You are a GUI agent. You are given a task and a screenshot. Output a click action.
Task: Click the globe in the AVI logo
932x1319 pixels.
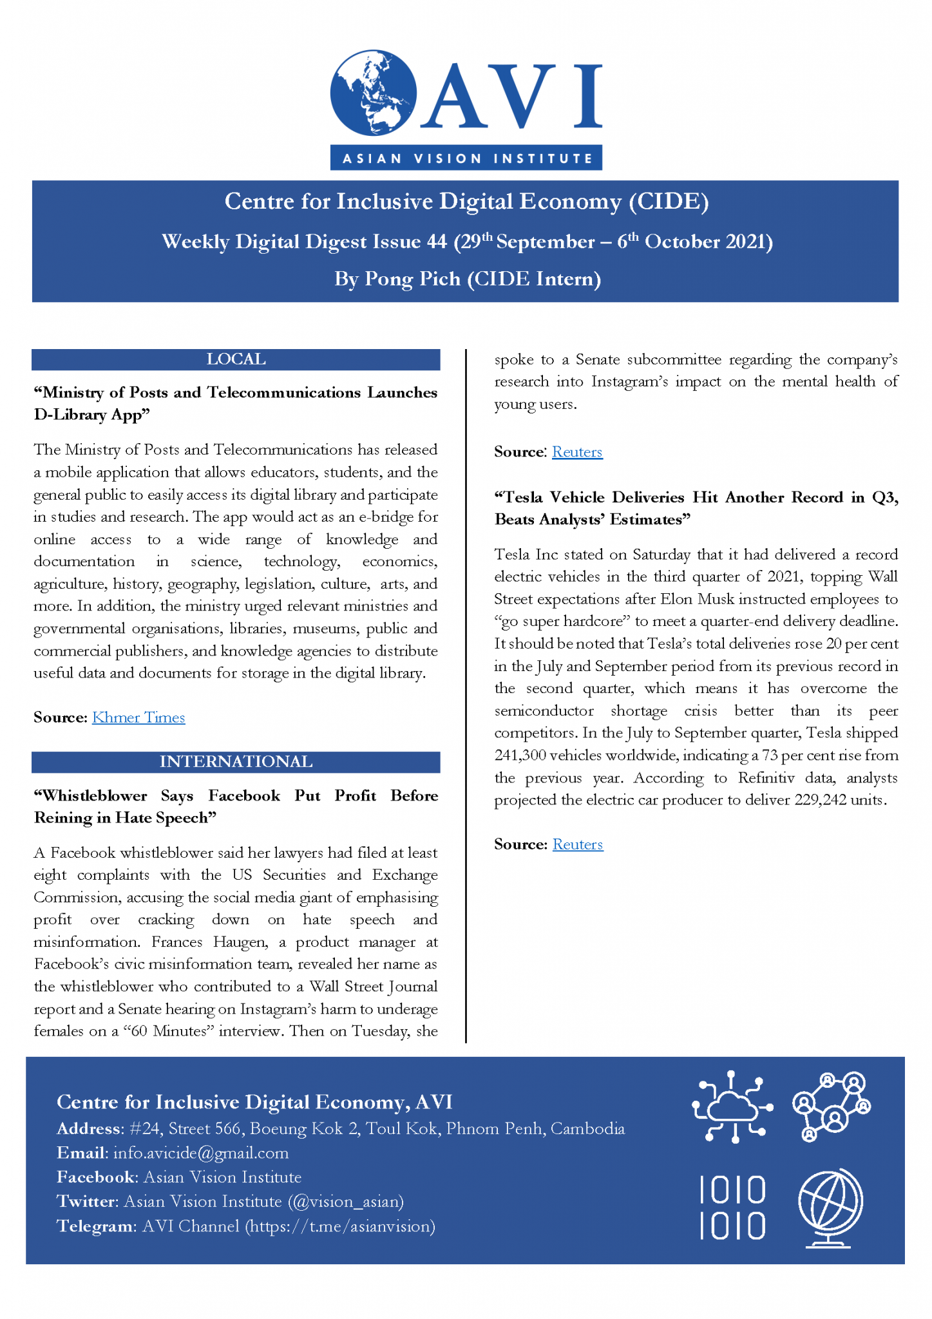[373, 93]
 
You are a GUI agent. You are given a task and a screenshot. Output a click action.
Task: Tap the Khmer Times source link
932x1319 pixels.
[138, 717]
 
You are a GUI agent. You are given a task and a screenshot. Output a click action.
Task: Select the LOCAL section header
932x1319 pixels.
[236, 359]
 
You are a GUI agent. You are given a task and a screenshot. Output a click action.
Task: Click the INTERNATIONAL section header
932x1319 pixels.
[236, 762]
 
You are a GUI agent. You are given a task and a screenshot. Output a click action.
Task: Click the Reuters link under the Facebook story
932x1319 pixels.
[577, 452]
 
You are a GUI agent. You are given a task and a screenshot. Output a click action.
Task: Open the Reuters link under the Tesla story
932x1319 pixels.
[578, 844]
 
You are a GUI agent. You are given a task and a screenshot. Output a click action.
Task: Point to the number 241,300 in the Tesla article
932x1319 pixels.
[519, 755]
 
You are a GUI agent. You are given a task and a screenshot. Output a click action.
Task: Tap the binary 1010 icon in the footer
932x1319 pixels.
[732, 1208]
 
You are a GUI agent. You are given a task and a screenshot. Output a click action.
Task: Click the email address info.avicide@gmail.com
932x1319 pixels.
[200, 1153]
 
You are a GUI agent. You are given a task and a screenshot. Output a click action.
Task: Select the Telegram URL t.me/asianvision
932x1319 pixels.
[342, 1226]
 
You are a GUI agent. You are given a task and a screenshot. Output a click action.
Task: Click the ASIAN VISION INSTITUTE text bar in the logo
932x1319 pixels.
[466, 158]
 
